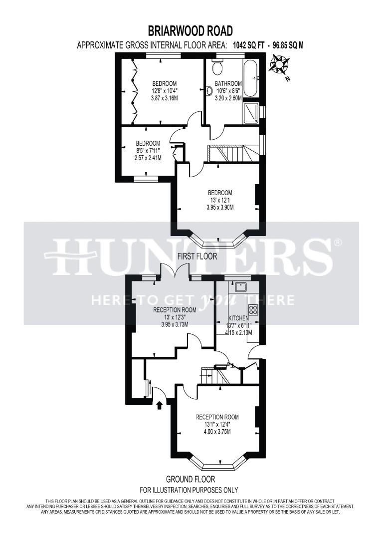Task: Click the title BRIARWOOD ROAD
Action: pos(190,31)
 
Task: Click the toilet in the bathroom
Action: pos(217,66)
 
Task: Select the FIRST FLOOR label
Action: pos(197,257)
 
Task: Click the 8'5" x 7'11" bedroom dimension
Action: pos(148,150)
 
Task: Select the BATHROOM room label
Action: pos(228,83)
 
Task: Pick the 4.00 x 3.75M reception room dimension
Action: pos(217,432)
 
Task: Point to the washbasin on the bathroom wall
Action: pos(208,90)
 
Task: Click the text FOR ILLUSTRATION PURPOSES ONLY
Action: pos(188,490)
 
